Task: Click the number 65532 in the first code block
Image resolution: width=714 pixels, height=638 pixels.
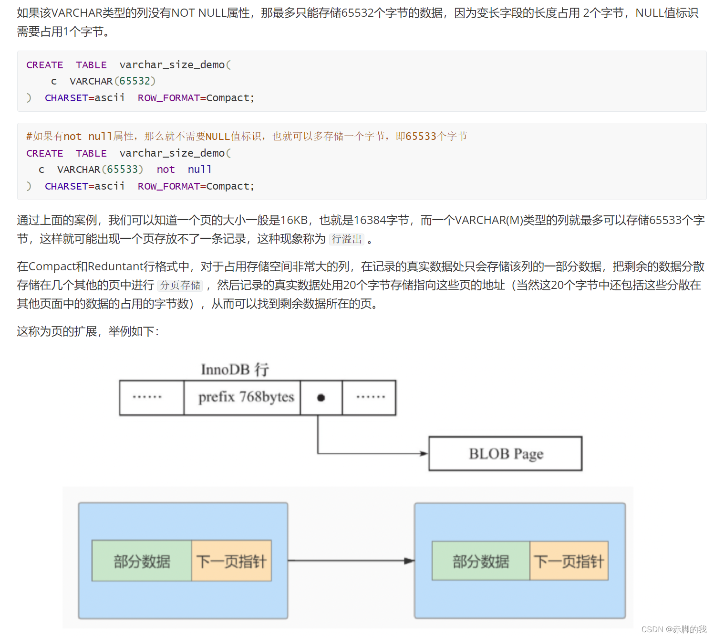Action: (135, 81)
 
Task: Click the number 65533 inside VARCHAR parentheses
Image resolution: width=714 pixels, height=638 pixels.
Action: (122, 170)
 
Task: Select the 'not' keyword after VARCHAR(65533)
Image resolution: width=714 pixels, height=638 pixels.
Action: (166, 170)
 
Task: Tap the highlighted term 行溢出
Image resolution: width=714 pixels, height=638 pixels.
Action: (347, 239)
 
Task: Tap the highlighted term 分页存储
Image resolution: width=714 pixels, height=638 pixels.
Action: (180, 285)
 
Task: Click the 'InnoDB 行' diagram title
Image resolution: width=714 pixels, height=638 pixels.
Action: (235, 369)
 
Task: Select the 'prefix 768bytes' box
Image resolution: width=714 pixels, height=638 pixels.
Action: (246, 397)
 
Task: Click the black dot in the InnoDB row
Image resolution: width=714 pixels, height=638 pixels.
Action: (321, 398)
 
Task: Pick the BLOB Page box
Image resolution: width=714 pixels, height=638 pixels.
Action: (506, 454)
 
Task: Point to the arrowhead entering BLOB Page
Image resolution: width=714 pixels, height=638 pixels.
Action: (424, 454)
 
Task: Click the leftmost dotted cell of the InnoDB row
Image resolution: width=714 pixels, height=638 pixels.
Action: (147, 397)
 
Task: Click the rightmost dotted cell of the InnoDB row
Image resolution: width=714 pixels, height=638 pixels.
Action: (370, 397)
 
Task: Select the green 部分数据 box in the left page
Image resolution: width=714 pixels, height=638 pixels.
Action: (142, 561)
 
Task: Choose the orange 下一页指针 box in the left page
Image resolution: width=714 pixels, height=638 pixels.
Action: (231, 561)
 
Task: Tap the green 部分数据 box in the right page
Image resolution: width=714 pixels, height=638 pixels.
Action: (481, 561)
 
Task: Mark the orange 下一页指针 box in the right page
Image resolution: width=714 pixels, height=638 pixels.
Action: (569, 561)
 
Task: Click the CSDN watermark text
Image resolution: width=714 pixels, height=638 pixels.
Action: (673, 629)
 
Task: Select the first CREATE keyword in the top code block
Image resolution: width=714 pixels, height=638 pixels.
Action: (45, 65)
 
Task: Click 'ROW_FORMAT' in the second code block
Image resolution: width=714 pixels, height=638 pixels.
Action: (169, 186)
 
